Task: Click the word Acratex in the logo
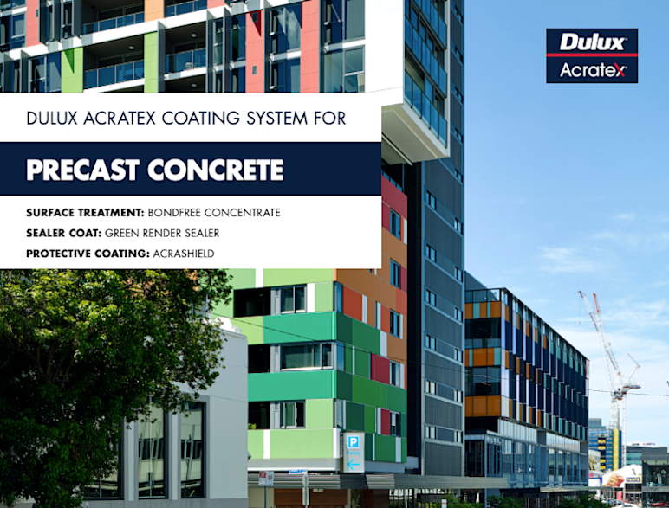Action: [591, 68]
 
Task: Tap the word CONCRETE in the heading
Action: [217, 170]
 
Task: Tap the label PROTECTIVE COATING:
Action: [84, 253]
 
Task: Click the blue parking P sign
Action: [354, 442]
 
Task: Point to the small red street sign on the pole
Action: [267, 478]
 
